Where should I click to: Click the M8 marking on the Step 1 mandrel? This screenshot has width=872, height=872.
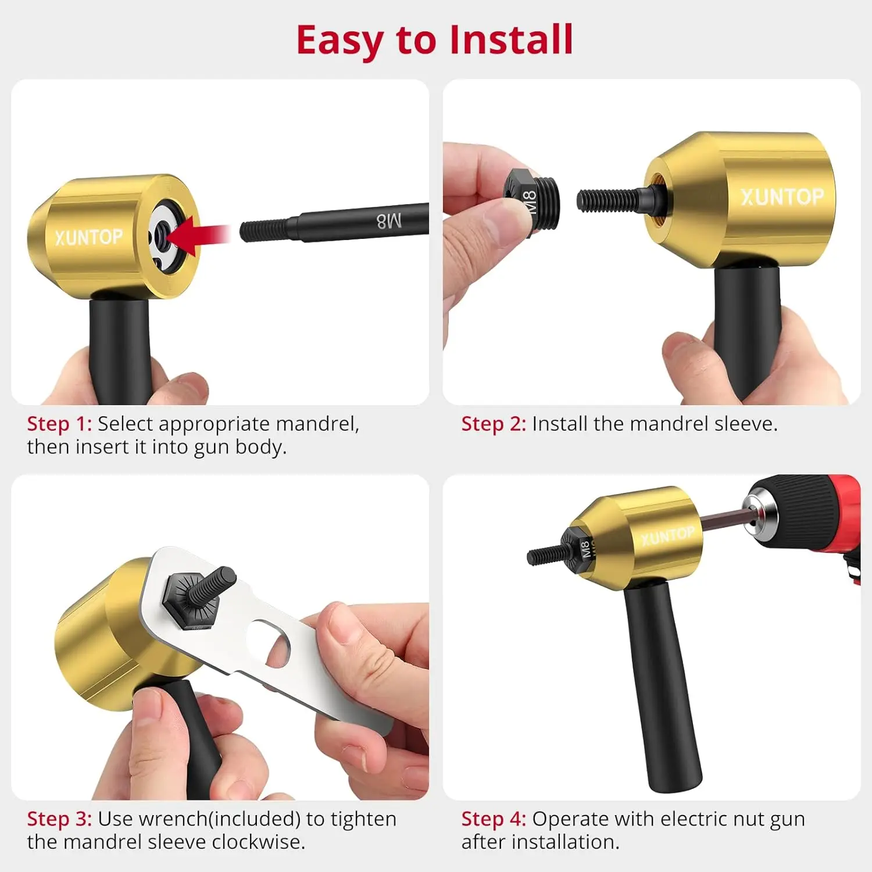pyautogui.click(x=389, y=221)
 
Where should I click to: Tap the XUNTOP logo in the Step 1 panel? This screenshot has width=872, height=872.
pyautogui.click(x=89, y=237)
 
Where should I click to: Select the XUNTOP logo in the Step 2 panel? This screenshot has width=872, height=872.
pyautogui.click(x=782, y=197)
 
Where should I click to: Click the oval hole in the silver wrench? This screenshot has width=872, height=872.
pyautogui.click(x=269, y=643)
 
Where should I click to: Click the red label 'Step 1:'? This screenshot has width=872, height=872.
pyautogui.click(x=59, y=424)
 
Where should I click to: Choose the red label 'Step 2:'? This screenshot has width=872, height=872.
pyautogui.click(x=494, y=424)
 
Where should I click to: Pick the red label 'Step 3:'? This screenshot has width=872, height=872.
pyautogui.click(x=59, y=819)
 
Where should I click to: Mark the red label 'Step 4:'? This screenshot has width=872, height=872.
pyautogui.click(x=494, y=819)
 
